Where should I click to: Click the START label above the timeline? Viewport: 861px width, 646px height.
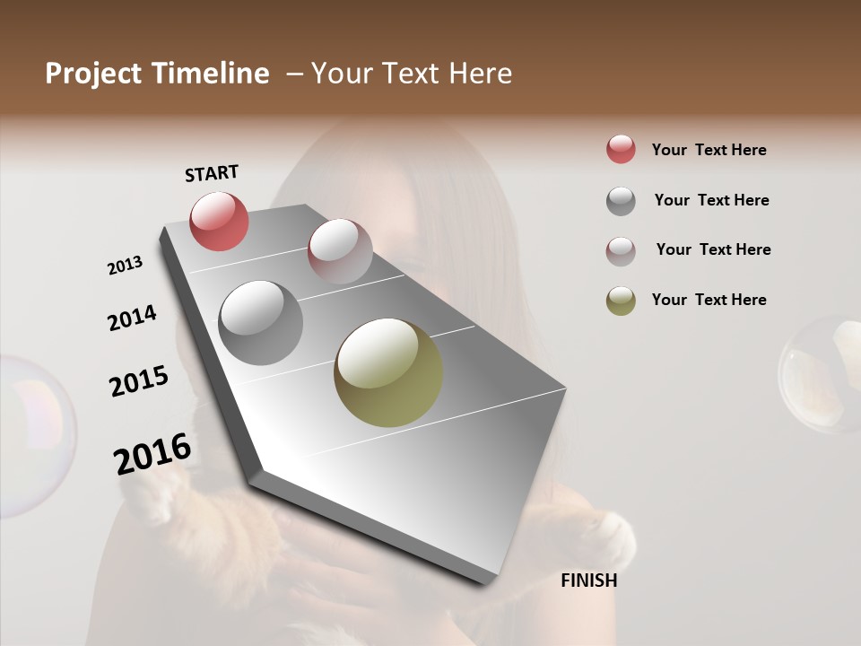212,172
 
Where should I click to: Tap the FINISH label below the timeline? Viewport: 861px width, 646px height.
588,581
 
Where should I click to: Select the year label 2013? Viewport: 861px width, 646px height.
125,265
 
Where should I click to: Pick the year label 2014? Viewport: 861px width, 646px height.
132,318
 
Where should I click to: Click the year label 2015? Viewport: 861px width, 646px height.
139,381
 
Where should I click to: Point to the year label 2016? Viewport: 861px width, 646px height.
152,453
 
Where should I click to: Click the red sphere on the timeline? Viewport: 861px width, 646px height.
219,221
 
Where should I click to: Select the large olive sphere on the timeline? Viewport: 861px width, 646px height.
388,372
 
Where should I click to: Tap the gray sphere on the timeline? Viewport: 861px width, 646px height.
260,322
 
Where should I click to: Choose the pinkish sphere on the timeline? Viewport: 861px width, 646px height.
340,250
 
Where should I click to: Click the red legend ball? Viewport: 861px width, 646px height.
621,149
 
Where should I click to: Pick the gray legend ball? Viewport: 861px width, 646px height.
621,200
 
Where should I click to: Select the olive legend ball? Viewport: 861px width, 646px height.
621,301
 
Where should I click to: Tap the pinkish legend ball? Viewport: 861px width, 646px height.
621,250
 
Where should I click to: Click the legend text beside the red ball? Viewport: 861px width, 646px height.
709,150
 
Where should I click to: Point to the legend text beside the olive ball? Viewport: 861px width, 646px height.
709,300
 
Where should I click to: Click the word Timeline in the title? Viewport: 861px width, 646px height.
210,74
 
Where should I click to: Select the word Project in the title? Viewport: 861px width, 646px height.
92,74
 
